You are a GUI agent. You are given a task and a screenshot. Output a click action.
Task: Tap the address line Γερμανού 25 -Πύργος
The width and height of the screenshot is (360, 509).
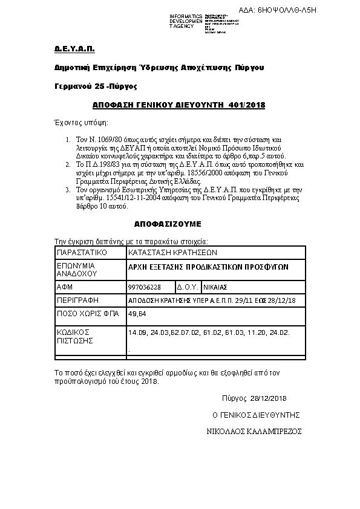click(x=96, y=86)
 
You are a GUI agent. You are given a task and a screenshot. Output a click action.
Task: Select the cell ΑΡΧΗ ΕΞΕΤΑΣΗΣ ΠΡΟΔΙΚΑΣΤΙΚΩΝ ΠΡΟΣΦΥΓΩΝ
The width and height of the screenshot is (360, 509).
click(x=209, y=267)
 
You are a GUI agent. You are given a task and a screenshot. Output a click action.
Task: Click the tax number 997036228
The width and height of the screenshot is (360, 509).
click(x=145, y=287)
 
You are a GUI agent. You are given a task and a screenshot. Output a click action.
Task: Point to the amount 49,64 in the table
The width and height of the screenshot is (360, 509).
click(x=136, y=314)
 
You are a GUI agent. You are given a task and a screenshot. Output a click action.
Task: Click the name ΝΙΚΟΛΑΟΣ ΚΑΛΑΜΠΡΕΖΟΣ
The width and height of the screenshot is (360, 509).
click(x=254, y=432)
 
